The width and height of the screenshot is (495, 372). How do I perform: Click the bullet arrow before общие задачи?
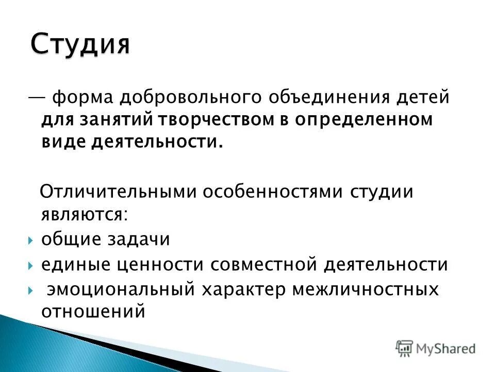(31, 240)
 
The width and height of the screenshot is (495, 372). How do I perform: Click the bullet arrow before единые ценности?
(31, 266)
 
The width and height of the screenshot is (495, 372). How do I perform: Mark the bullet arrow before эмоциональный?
(31, 290)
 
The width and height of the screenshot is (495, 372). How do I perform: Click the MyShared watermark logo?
(436, 348)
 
